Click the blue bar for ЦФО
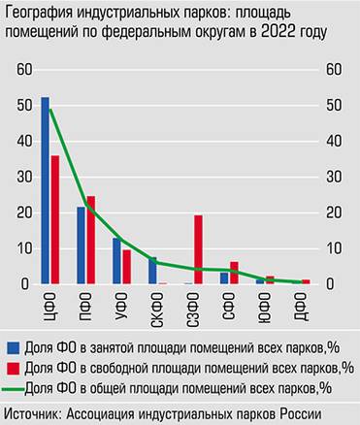46,190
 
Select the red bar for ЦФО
55,219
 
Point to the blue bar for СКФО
152,271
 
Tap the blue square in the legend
11,346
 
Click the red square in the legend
11,368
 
